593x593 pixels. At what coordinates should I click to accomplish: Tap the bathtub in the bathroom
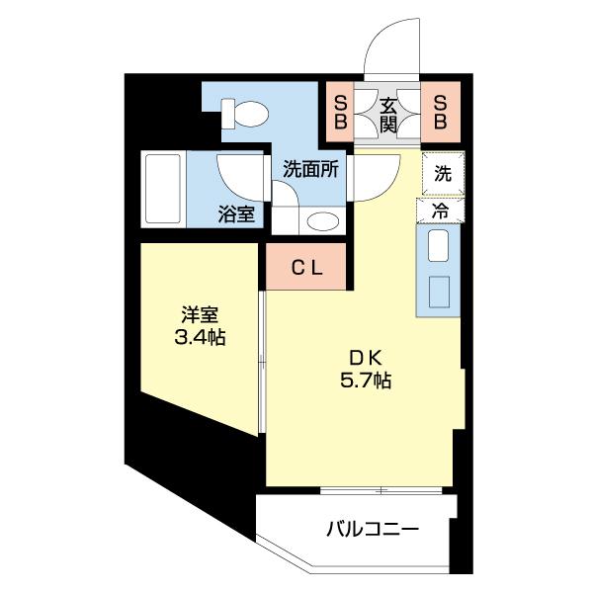click(164, 189)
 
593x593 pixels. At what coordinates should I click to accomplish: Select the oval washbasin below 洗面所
click(320, 220)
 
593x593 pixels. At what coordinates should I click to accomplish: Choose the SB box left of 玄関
click(340, 112)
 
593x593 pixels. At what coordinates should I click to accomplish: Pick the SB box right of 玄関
click(441, 112)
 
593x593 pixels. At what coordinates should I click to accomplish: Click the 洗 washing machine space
click(444, 175)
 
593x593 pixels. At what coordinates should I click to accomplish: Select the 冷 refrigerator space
click(443, 210)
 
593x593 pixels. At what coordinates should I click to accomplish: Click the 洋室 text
click(200, 316)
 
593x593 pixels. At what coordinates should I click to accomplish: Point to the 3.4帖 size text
click(200, 339)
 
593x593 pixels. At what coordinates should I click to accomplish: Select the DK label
click(365, 358)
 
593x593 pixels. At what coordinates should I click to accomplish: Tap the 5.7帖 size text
click(365, 381)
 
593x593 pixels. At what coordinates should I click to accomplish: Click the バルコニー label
click(373, 530)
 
